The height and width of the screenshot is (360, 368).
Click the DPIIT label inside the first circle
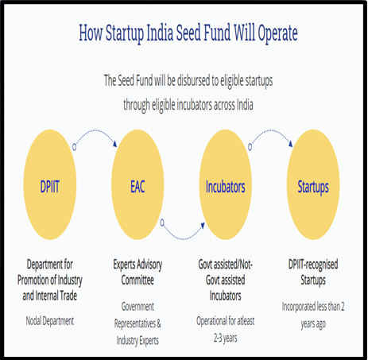(x=49, y=187)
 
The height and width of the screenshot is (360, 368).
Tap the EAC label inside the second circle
(x=138, y=187)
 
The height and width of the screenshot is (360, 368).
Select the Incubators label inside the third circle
(x=226, y=187)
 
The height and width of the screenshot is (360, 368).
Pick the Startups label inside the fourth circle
(x=313, y=188)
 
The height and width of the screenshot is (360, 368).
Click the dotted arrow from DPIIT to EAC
(x=95, y=130)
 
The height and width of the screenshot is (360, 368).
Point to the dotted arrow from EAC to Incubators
(x=183, y=238)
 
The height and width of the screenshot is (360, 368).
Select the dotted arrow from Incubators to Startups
(x=271, y=130)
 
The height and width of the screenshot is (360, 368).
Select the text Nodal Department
(x=50, y=321)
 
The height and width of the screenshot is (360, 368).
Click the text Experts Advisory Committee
(x=138, y=272)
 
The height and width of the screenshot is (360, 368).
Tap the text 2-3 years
(x=226, y=339)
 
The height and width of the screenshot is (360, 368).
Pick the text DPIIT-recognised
(x=313, y=265)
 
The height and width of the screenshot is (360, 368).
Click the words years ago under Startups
(x=313, y=324)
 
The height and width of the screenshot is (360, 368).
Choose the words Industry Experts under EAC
(x=138, y=341)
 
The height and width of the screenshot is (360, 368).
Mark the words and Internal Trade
(x=50, y=296)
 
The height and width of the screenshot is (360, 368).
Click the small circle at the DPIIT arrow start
(x=75, y=147)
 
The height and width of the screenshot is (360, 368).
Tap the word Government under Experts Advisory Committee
(x=138, y=307)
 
